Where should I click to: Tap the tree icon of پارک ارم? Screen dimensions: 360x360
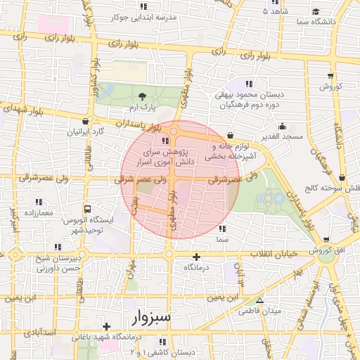143,96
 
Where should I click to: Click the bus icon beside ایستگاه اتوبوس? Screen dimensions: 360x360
87,209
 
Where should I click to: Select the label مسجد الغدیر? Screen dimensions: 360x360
278,135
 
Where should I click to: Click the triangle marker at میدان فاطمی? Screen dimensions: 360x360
261,300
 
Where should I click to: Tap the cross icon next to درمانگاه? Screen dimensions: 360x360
196,257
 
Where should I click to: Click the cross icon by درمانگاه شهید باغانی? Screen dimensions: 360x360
106,326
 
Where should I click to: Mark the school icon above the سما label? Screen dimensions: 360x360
223,229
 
